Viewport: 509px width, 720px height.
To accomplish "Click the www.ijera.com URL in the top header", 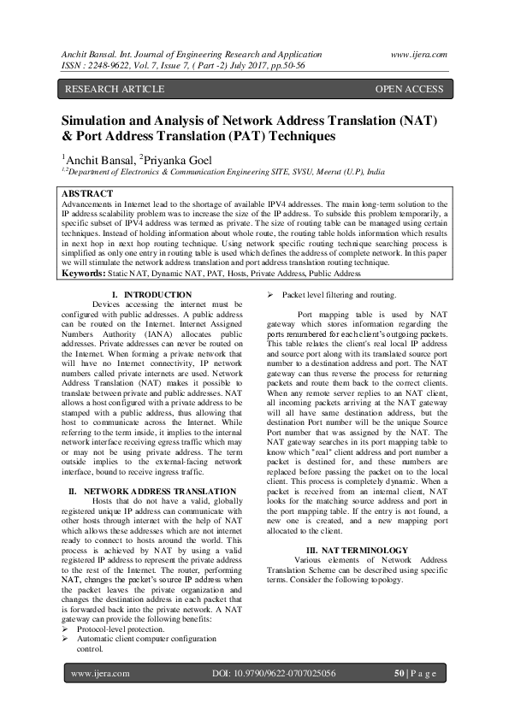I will (418, 54).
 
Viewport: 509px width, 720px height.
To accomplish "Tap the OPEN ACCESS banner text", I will (409, 89).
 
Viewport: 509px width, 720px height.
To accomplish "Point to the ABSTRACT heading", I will (88, 194).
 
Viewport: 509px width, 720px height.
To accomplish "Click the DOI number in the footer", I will (273, 674).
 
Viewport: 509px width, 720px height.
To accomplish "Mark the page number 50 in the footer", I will (399, 674).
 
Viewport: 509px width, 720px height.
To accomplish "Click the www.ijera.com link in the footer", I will (100, 674).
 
